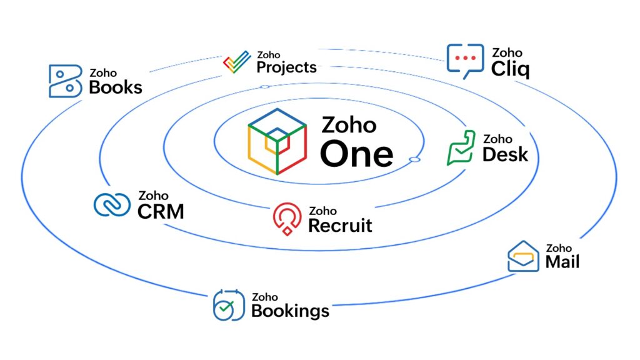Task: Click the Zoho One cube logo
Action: pos(278,141)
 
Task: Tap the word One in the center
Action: pos(357,154)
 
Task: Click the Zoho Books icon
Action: pos(65,81)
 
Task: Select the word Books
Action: pos(116,87)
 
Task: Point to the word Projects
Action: pos(286,67)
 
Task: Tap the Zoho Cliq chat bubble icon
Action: pos(465,60)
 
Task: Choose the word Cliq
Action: pos(510,68)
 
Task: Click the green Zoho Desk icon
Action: pos(461,149)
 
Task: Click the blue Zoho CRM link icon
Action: pos(112,205)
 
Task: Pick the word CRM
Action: pos(161,211)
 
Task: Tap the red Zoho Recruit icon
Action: pos(287,219)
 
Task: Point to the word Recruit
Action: pos(340,225)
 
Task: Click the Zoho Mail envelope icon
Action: pos(523,256)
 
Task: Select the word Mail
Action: pos(562,261)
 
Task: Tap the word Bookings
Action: pos(290,310)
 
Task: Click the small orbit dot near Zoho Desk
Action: pos(414,161)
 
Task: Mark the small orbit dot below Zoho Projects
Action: pos(264,87)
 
